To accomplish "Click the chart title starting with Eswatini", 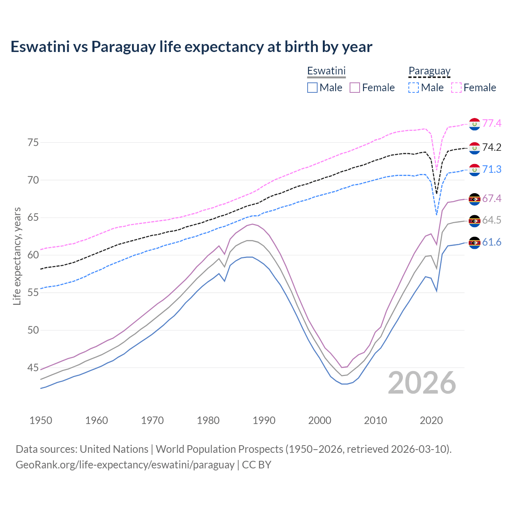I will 191,47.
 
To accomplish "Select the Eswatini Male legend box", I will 312,88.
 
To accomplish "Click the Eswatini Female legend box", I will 355,88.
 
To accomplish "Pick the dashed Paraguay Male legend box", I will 414,88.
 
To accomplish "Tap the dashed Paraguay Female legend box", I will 456,88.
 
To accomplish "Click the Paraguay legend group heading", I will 429,71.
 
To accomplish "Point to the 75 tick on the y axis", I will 33,143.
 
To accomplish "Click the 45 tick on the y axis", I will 33,368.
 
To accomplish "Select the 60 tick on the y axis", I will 33,255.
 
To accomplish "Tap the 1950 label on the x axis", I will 41,420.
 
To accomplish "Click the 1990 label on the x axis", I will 264,420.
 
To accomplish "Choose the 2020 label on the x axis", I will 431,420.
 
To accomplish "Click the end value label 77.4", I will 492,123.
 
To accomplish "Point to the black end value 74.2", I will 492,148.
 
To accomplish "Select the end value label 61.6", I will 492,242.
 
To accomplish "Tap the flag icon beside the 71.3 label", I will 474,170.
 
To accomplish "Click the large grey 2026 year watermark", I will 422,383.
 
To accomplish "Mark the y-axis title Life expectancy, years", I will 17,256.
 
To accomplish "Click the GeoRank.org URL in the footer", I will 125,465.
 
